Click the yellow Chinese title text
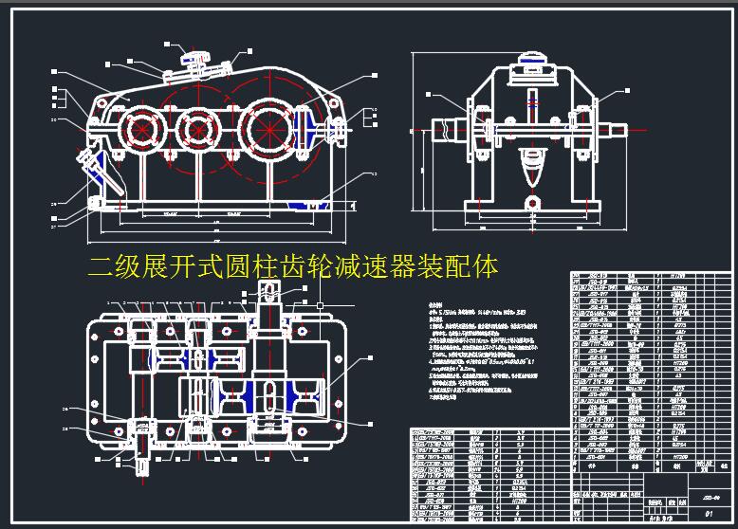tap(292, 266)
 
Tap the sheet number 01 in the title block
tap(709, 511)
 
